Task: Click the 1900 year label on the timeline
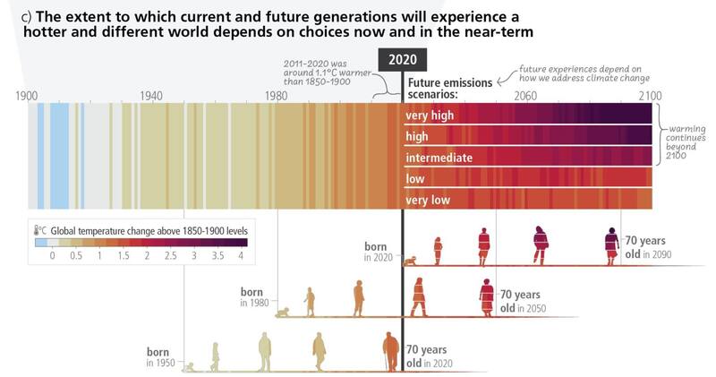28,95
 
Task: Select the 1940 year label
151,95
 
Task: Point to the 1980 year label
276,95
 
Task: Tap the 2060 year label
525,95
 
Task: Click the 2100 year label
650,95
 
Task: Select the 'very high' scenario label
430,115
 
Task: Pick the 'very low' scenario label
429,200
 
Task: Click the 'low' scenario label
415,179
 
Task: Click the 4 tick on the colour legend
241,256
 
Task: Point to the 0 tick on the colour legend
52,256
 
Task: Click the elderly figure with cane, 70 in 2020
390,350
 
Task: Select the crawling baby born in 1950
190,366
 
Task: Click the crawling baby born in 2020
411,261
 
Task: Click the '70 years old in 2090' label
649,247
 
